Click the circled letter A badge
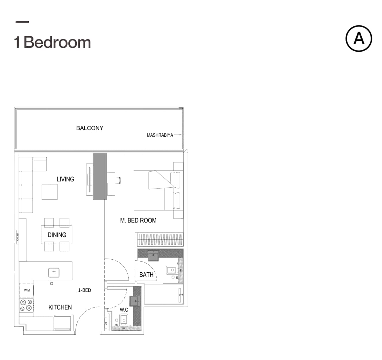(x=359, y=39)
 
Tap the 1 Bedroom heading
(x=53, y=42)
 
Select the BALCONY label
(x=90, y=128)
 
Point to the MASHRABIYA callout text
(x=160, y=135)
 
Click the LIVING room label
(x=65, y=179)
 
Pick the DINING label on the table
(x=57, y=235)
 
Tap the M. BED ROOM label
(x=138, y=220)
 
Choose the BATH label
(x=146, y=275)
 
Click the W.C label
(x=124, y=310)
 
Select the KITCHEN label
(x=60, y=307)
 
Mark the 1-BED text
(x=85, y=290)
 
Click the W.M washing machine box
(x=27, y=290)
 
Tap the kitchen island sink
(x=54, y=272)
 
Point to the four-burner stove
(x=26, y=305)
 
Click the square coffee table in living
(x=50, y=192)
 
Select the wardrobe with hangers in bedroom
(x=160, y=240)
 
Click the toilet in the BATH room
(x=172, y=270)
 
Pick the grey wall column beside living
(x=100, y=176)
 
